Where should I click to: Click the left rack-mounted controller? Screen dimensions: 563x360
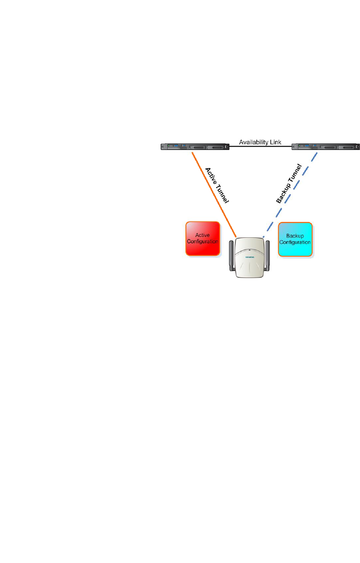[x=192, y=147]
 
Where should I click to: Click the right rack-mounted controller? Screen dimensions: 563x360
[x=325, y=147]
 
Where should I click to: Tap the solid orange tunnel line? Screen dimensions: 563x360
[x=214, y=193]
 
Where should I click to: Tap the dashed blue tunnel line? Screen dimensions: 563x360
[x=291, y=193]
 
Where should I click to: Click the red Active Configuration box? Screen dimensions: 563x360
[x=203, y=239]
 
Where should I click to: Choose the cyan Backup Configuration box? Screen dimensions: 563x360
[x=296, y=239]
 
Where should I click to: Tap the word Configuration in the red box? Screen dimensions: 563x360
[x=203, y=242]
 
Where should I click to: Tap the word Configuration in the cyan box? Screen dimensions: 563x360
[x=296, y=242]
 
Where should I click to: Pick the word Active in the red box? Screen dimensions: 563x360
[x=203, y=235]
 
